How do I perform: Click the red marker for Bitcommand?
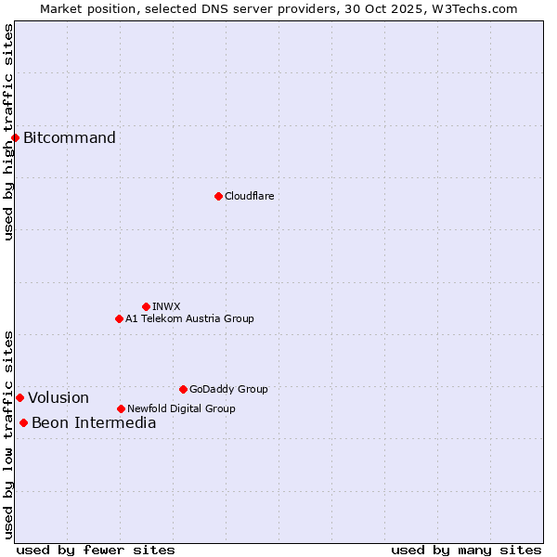click(15, 138)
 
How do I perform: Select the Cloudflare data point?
click(218, 196)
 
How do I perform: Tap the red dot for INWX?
click(146, 306)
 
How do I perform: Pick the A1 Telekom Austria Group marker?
click(119, 318)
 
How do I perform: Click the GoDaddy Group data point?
click(183, 389)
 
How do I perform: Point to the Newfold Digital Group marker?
click(121, 408)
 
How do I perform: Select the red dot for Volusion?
click(19, 397)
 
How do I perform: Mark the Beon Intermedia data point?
click(23, 423)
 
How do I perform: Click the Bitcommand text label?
click(70, 138)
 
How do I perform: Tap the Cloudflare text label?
click(249, 196)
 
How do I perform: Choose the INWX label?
click(166, 306)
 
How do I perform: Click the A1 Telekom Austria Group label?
click(189, 318)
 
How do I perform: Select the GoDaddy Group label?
click(228, 389)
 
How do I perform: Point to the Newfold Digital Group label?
click(181, 408)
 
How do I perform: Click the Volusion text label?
click(58, 397)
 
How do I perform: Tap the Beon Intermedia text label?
click(94, 423)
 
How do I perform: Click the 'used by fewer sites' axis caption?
click(96, 550)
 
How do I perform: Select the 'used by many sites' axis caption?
click(466, 550)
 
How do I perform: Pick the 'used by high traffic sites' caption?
click(8, 132)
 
